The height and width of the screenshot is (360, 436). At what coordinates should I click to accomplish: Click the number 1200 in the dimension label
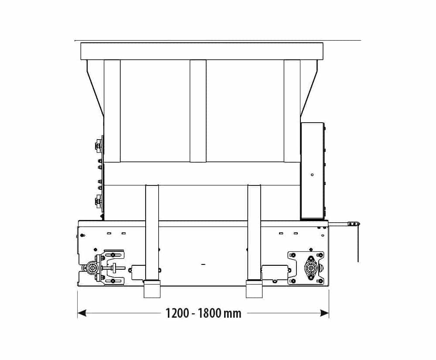(x=177, y=313)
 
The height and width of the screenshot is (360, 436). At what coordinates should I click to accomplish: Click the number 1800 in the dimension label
(x=210, y=313)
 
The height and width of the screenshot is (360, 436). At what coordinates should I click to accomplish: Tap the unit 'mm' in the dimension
(x=232, y=314)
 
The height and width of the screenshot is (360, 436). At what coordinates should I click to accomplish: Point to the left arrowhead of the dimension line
(x=82, y=313)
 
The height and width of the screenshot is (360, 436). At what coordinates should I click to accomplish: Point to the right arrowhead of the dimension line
(x=324, y=313)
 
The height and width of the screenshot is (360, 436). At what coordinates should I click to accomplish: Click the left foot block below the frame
(x=152, y=289)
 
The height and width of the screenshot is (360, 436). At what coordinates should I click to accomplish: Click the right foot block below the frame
(x=254, y=289)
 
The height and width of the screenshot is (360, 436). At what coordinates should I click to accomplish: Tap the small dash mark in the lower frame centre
(x=203, y=264)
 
